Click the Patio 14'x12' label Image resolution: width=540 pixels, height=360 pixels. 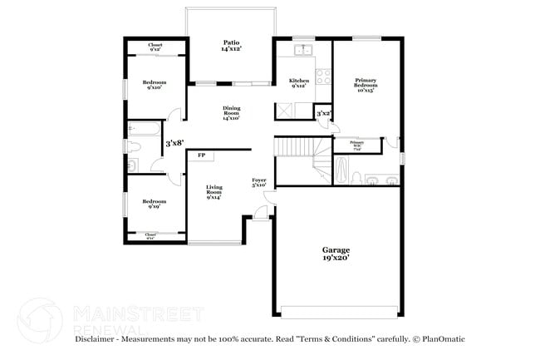[230, 46]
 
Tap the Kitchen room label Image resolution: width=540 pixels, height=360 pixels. [299, 83]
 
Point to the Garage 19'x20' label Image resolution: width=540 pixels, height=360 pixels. [336, 254]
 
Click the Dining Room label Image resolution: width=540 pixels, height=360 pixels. [230, 112]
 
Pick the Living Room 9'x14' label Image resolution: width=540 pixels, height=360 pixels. [214, 192]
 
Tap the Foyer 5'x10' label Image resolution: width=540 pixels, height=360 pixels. [259, 182]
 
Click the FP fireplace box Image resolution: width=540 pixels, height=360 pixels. [201, 155]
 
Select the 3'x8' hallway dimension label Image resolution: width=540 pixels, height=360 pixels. [174, 143]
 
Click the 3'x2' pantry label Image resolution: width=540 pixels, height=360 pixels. [324, 114]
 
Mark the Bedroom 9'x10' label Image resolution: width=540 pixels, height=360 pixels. [154, 85]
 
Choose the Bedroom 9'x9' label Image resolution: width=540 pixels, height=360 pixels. [154, 204]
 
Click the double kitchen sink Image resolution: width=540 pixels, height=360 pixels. [303, 50]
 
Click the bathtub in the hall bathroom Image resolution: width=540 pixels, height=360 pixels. [144, 129]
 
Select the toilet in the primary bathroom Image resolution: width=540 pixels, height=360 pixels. [356, 177]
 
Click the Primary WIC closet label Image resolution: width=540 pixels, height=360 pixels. [356, 144]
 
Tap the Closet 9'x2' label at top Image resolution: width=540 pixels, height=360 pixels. [155, 47]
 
